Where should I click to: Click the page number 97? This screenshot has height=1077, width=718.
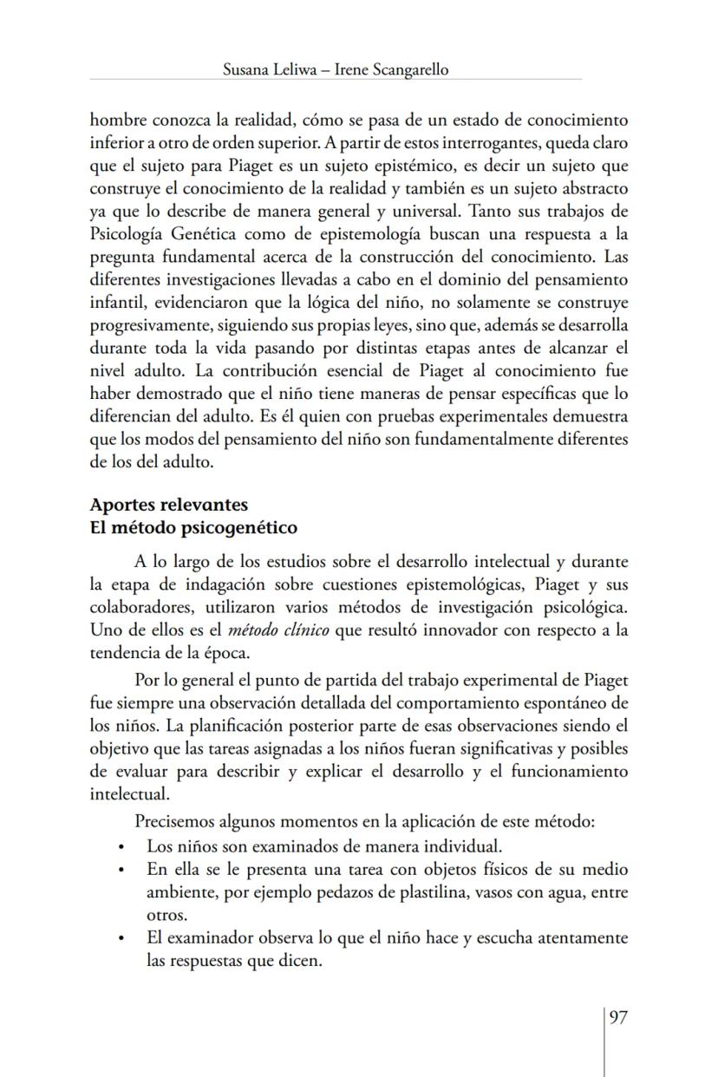pos(617,1017)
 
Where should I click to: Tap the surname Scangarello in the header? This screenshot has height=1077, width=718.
pos(406,70)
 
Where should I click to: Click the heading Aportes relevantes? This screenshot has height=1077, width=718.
pos(169,505)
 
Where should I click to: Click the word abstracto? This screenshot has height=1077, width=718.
pos(587,188)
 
